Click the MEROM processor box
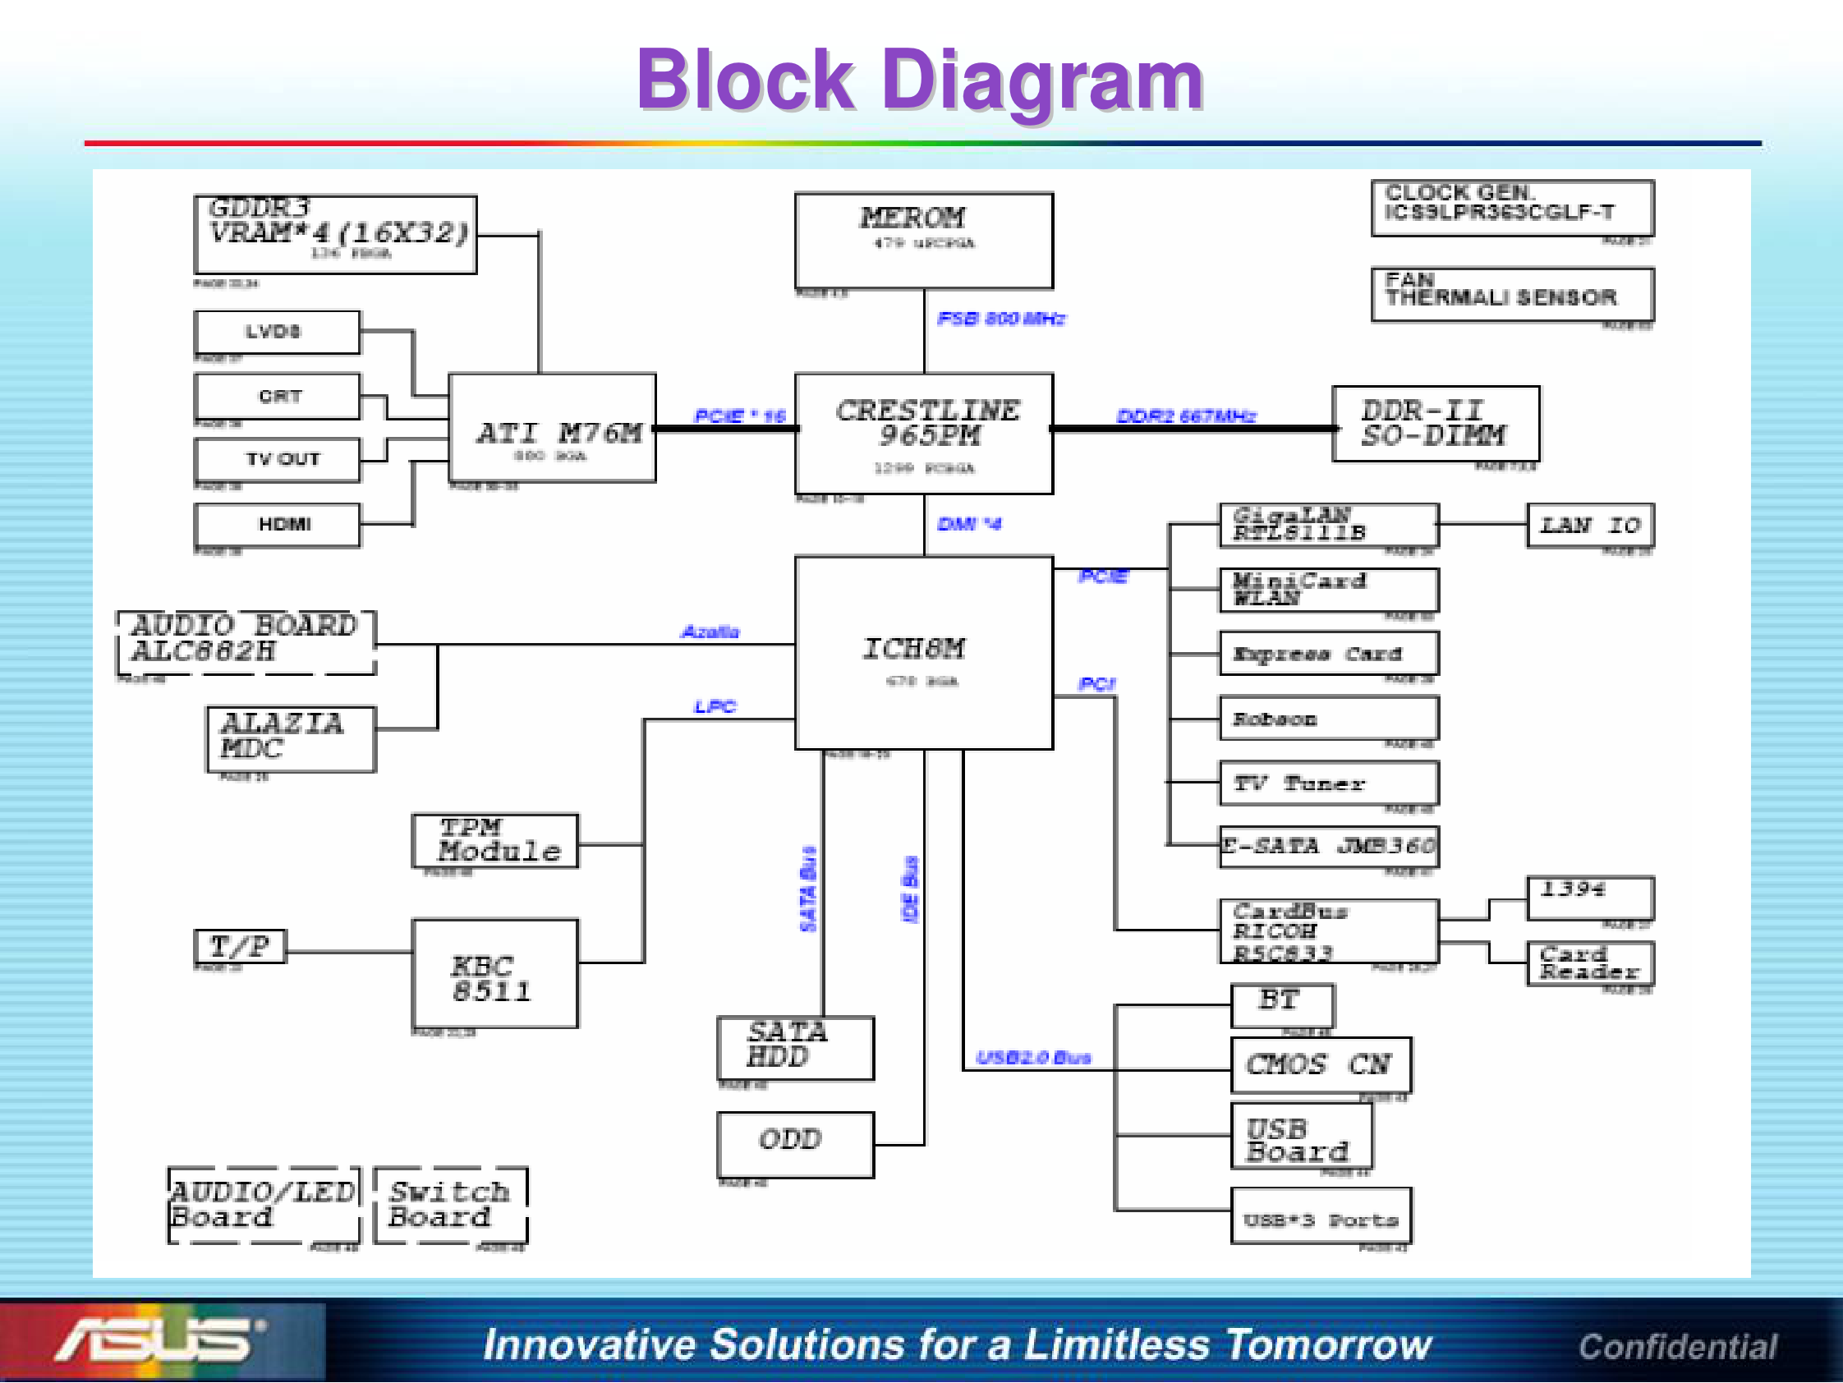point(923,240)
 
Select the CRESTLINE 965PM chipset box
point(923,434)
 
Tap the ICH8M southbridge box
point(923,652)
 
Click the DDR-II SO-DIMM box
point(1435,423)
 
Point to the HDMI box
point(278,525)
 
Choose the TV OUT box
point(278,460)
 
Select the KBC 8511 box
point(494,973)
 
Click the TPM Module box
point(494,841)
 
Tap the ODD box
point(795,1144)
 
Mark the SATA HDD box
point(795,1047)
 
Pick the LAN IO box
point(1589,525)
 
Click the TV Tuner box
point(1328,783)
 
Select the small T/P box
point(240,946)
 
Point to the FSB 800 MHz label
point(1000,319)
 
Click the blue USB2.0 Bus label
point(1033,1057)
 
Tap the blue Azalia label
point(710,632)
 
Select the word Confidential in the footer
point(1677,1346)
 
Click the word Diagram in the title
point(1041,80)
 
